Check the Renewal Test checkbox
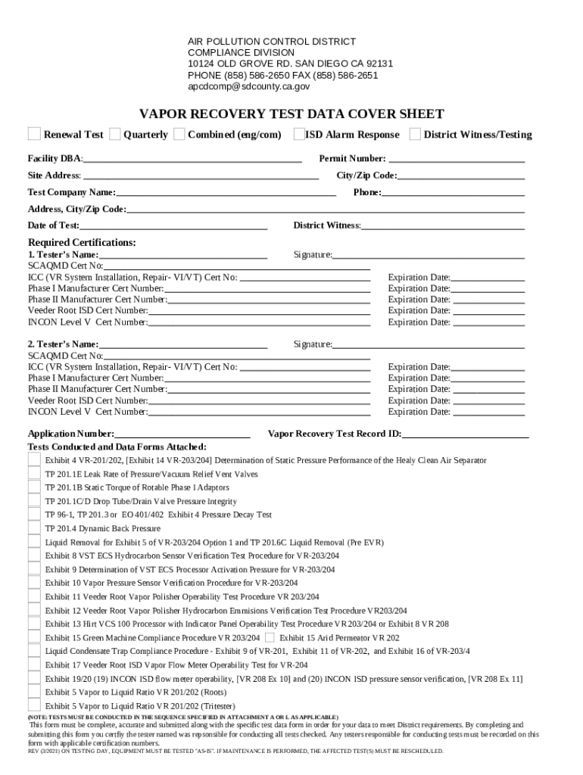(x=34, y=134)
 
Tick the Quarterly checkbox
(x=114, y=134)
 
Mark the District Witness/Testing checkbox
(x=414, y=134)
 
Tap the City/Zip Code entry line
(x=461, y=176)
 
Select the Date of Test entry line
(x=173, y=226)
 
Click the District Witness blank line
(x=443, y=226)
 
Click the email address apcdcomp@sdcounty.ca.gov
(x=248, y=87)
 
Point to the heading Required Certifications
(x=82, y=242)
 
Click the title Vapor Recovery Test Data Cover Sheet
(x=291, y=114)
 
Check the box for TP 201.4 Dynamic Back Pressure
(x=34, y=528)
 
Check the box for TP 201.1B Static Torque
(x=34, y=487)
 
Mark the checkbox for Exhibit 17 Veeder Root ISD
(x=34, y=665)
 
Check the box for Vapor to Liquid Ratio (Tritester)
(x=34, y=705)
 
